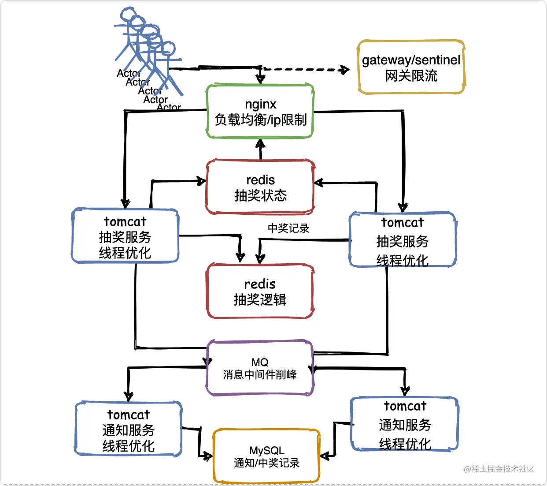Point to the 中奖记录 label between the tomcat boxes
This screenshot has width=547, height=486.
(288, 228)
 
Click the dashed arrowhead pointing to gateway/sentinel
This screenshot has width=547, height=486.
(345, 70)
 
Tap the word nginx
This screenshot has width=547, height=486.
(261, 105)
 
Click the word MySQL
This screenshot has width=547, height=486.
(267, 451)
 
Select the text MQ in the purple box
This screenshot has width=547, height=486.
(260, 362)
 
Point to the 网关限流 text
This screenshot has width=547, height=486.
(411, 76)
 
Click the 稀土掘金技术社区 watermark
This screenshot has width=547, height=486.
(499, 469)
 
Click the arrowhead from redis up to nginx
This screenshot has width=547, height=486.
(260, 143)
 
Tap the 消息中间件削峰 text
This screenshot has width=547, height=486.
(260, 375)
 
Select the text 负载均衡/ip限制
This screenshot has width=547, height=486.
(261, 120)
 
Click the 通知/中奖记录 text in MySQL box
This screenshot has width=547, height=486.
(267, 463)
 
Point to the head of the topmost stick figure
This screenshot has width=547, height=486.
(128, 14)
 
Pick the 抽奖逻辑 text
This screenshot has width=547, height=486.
(260, 299)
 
